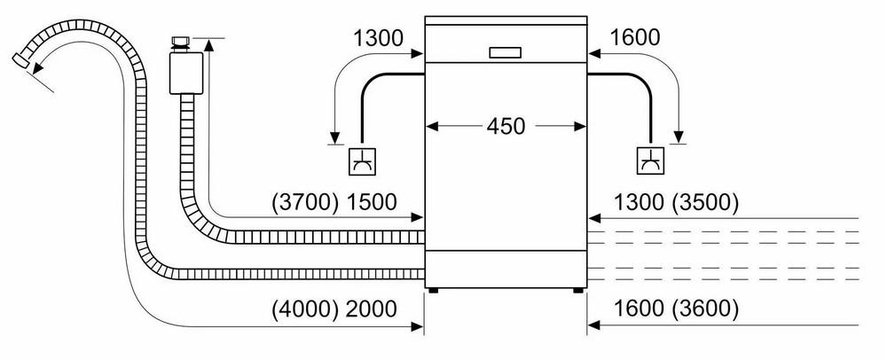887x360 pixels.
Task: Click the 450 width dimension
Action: point(505,125)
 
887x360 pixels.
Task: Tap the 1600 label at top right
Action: point(635,38)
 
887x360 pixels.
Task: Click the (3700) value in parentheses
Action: point(303,202)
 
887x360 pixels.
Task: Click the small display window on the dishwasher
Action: point(505,51)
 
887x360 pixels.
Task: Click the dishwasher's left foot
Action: point(433,288)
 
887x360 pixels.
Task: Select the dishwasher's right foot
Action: point(577,288)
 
